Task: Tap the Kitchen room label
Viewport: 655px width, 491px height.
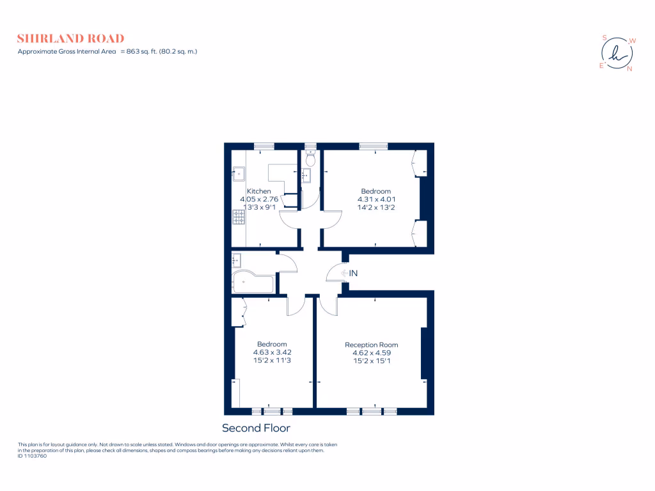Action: coord(259,191)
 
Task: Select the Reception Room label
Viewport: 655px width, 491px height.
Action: coord(371,345)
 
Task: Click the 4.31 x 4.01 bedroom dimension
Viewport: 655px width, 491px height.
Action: coord(375,199)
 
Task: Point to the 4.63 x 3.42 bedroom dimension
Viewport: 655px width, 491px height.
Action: coord(272,352)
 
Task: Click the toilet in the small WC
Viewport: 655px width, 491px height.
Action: coord(310,159)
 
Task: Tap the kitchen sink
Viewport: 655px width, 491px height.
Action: coord(238,172)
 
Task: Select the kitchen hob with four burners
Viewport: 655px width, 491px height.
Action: coord(238,218)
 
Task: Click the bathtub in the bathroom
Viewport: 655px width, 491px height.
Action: coord(253,282)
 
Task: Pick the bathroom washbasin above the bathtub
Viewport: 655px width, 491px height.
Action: coord(236,260)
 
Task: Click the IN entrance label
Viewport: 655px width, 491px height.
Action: coord(353,273)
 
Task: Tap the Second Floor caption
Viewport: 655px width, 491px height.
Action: coord(256,428)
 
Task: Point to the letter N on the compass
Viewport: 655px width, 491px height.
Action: coord(629,69)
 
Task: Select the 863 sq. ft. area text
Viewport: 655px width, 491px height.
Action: coord(149,51)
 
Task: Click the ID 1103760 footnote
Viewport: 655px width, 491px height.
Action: coord(33,456)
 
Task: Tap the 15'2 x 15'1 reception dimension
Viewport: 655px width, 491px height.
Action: coord(371,361)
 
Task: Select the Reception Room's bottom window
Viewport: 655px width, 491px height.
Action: coord(372,411)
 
